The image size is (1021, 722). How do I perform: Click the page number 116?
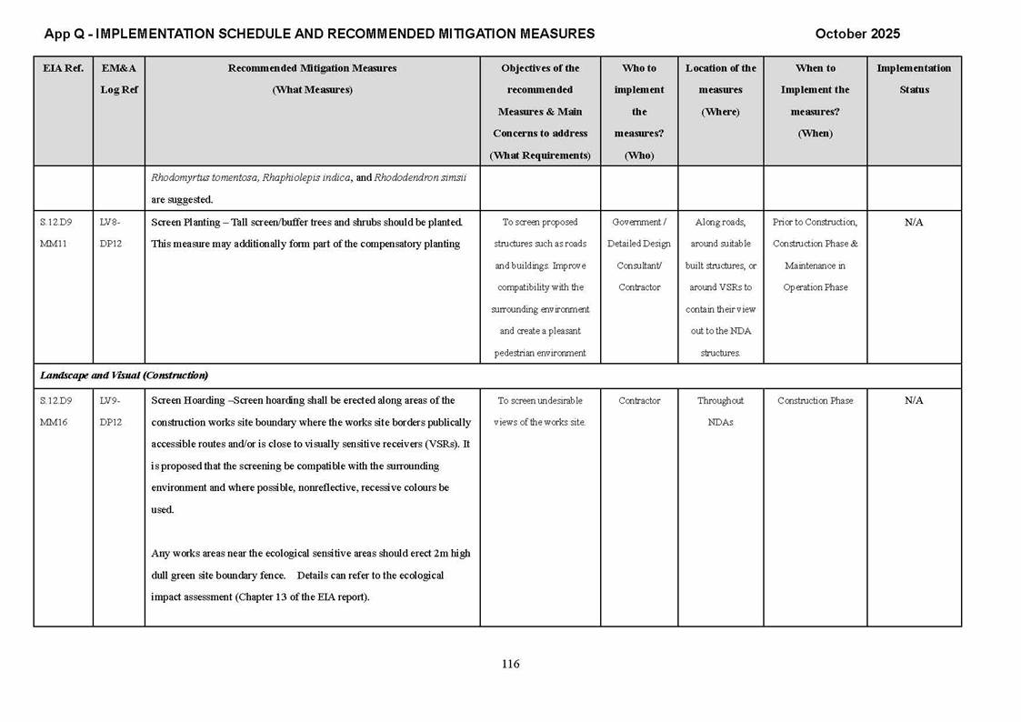pos(510,664)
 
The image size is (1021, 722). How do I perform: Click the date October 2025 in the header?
pos(857,34)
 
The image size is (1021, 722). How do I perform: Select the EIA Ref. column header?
pos(63,68)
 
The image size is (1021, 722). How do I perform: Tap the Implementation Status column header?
pos(914,78)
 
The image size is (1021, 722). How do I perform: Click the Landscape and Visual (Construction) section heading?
pos(124,376)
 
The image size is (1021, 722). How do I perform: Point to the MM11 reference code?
pos(53,244)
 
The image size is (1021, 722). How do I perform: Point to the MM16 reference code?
pos(53,422)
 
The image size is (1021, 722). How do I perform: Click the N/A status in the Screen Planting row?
pos(914,222)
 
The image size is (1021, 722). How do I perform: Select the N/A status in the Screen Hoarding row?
pos(914,400)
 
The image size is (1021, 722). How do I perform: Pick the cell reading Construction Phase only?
pos(815,400)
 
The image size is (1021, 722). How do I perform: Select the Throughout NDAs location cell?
pos(720,411)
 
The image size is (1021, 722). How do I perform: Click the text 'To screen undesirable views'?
pos(540,411)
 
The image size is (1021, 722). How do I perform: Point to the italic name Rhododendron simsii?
pos(420,177)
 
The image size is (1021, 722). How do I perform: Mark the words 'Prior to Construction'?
pos(815,222)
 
